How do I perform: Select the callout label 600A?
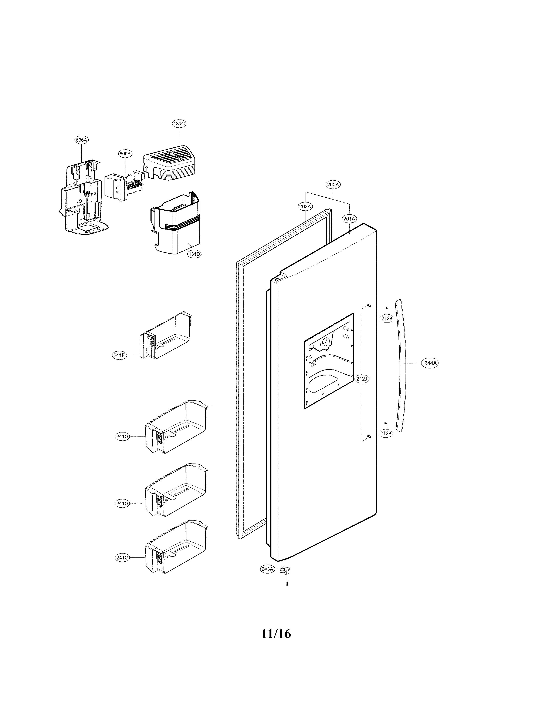(125, 154)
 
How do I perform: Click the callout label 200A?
(333, 184)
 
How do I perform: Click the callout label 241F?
(119, 355)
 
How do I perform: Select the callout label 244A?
(430, 363)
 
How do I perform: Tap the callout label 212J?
(362, 379)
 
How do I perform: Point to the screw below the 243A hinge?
(287, 583)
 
